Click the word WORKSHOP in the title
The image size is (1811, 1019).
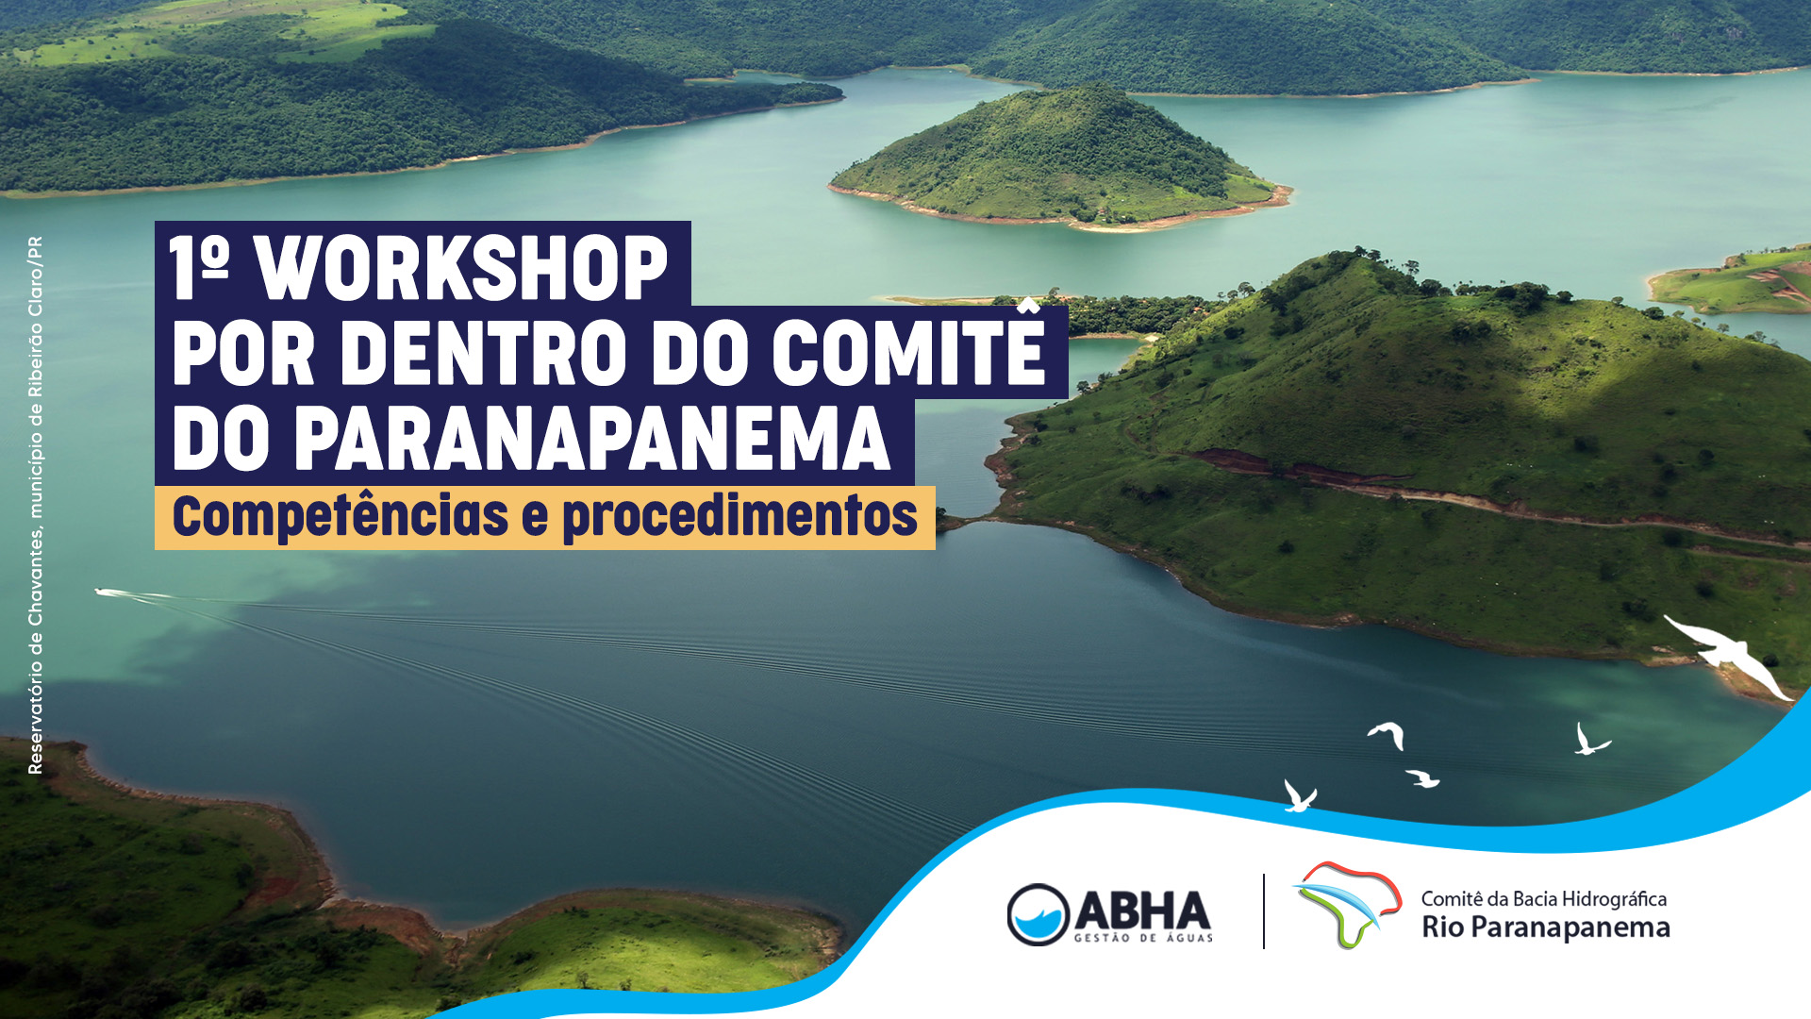tap(462, 268)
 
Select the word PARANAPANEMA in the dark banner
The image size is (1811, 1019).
tap(592, 438)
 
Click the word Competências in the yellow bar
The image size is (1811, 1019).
tap(341, 516)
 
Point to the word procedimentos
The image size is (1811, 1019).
tap(739, 516)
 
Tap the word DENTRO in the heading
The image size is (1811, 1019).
tap(484, 353)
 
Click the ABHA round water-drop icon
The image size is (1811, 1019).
tap(1038, 914)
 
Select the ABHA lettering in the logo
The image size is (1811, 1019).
tap(1142, 910)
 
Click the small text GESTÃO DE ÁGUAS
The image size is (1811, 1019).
tap(1143, 938)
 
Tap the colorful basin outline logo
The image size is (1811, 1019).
tap(1347, 904)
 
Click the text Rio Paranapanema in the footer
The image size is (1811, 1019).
tap(1546, 927)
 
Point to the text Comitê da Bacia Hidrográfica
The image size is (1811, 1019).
tap(1544, 898)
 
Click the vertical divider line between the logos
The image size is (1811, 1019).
tap(1264, 911)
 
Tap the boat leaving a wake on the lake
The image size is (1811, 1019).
tap(111, 593)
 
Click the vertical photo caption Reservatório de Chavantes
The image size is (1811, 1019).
tap(35, 505)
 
